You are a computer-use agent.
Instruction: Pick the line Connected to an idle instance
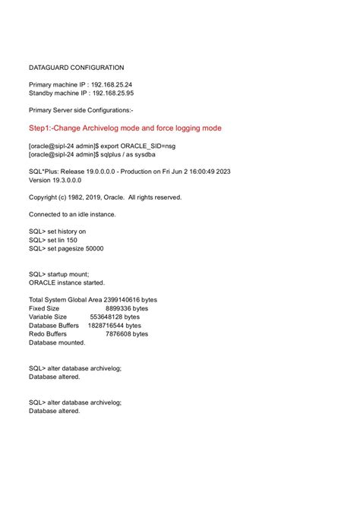click(x=72, y=214)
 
